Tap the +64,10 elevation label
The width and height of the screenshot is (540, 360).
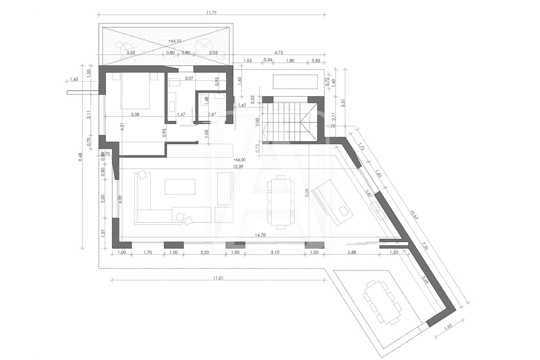click(174, 41)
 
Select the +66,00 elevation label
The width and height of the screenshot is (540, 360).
click(239, 160)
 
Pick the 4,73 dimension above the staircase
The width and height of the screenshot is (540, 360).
click(278, 52)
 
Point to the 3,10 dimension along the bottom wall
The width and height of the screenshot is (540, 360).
click(275, 252)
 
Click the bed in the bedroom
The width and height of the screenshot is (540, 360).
click(135, 89)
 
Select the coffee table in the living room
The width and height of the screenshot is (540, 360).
click(180, 187)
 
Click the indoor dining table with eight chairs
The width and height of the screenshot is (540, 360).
click(280, 202)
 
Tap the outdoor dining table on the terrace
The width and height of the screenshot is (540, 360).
click(382, 302)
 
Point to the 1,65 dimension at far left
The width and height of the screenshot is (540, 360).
click(74, 79)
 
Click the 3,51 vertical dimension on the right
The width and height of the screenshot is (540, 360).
click(344, 101)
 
